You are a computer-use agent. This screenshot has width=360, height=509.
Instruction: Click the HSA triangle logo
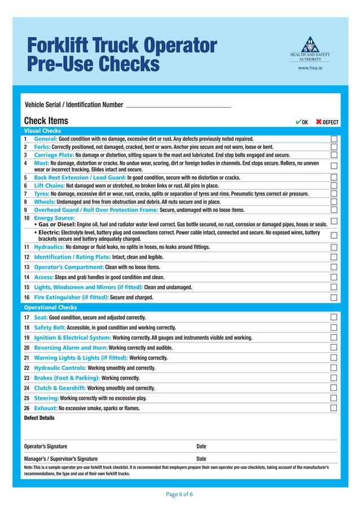310,45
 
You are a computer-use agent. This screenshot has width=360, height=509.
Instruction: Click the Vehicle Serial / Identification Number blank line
178,106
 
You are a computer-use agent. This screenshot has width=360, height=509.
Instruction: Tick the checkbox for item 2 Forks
334,147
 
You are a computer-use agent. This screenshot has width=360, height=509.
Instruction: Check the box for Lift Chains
334,185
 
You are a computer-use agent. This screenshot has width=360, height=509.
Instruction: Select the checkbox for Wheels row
334,201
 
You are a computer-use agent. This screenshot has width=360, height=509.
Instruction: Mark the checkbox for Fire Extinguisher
334,297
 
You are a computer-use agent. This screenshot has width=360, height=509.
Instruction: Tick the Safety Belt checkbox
334,327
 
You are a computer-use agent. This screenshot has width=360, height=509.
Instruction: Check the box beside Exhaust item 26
334,408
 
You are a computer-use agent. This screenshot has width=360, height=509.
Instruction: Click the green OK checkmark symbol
298,121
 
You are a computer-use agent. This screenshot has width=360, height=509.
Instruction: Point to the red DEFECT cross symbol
319,121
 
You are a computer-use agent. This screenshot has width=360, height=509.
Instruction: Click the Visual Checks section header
42,131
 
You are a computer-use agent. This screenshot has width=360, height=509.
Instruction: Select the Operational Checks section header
50,308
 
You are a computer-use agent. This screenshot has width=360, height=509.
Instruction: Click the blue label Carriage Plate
54,155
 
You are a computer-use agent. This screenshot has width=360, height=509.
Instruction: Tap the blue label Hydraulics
49,247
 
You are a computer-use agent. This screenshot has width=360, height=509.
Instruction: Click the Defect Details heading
39,418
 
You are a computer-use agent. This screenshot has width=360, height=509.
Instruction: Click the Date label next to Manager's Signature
201,459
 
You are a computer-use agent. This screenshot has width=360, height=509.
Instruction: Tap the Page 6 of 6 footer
179,494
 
